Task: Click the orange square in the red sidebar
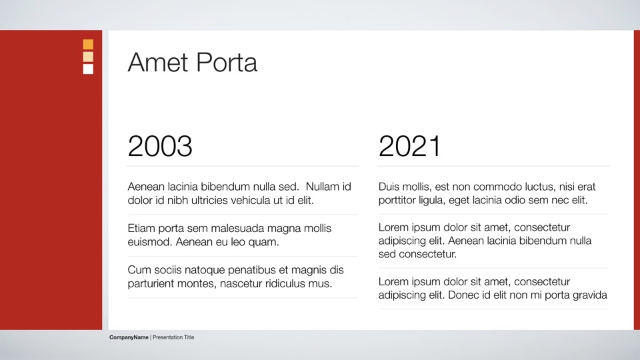point(88,44)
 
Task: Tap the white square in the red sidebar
point(88,69)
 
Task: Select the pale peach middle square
point(88,57)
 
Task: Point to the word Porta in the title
point(227,63)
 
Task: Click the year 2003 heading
point(160,146)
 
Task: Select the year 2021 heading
point(410,146)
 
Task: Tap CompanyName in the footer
point(129,337)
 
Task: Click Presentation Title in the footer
point(173,337)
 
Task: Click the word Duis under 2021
point(388,187)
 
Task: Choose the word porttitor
point(397,200)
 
